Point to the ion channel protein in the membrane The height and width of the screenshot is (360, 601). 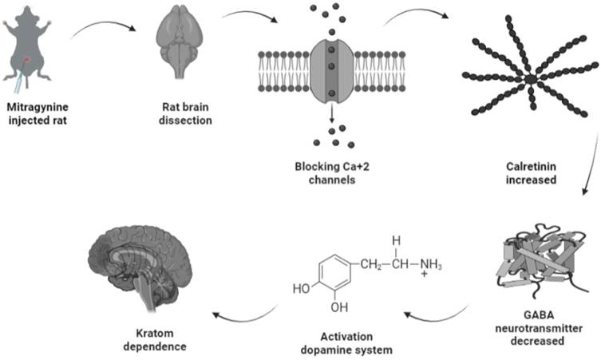(x=330, y=71)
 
